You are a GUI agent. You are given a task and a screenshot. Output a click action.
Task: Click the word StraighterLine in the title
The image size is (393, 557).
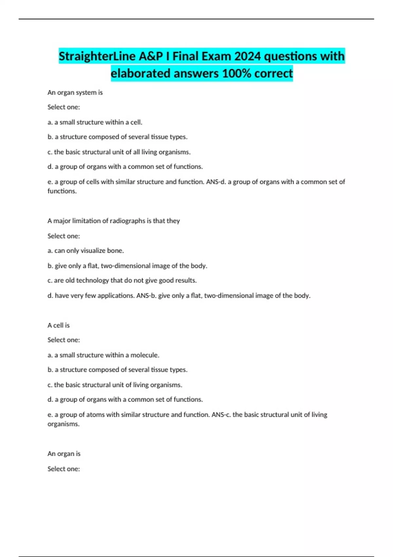coord(97,56)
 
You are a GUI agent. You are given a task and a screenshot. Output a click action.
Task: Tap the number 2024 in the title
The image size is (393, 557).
coord(248,56)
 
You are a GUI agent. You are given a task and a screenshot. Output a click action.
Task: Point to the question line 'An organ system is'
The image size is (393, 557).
coord(75,93)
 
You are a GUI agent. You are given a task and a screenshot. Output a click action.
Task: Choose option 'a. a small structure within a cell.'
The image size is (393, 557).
coord(95,122)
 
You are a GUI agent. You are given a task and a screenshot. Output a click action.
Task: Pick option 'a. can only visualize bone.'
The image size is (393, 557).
coord(85,251)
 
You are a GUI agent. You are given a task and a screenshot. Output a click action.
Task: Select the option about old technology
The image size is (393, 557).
coord(122,280)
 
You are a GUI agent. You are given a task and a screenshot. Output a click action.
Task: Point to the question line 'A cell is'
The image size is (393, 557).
coord(59,325)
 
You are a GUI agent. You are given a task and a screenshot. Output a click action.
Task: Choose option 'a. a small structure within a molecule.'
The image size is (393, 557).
coord(103,355)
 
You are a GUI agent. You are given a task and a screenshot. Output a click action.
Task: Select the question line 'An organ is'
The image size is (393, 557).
coord(64,454)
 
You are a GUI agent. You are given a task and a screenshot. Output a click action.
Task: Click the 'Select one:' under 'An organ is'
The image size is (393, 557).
coord(64,469)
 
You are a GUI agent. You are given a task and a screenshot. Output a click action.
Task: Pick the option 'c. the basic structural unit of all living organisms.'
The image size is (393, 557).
coord(119,152)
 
